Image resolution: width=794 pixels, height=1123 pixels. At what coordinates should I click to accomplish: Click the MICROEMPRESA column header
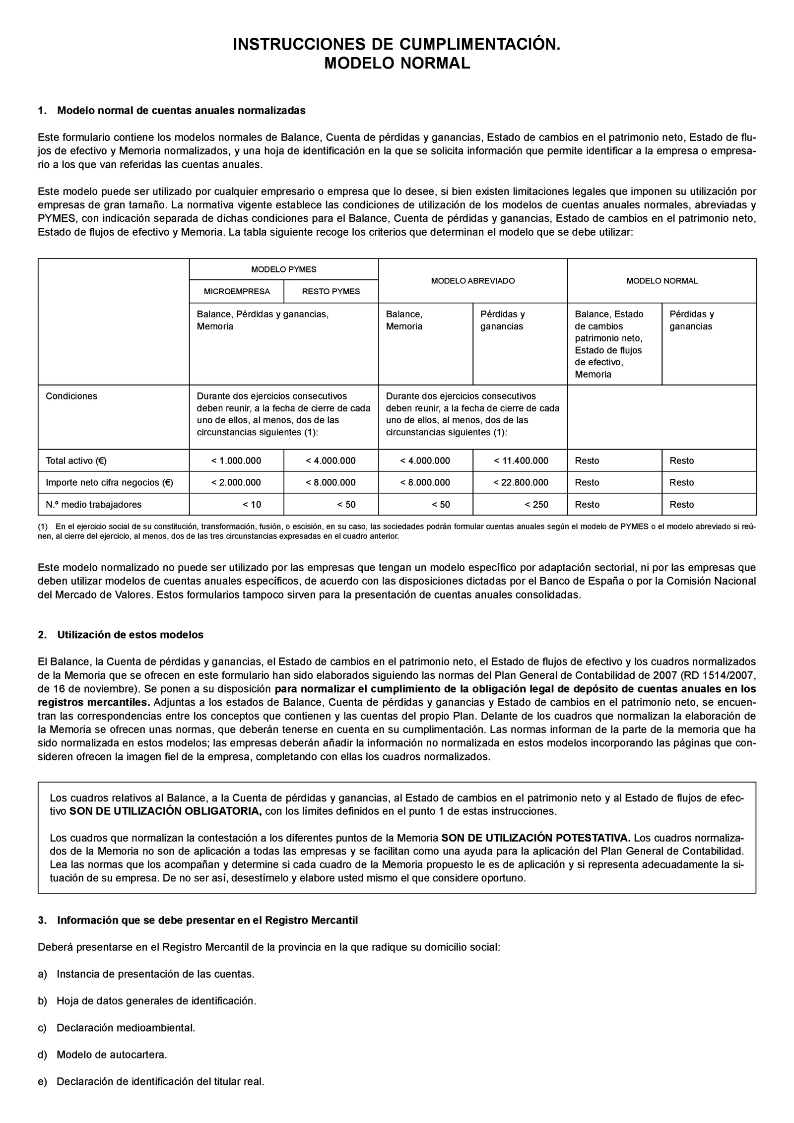pos(237,291)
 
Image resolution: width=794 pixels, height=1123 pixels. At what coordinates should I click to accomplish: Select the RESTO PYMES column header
pos(331,291)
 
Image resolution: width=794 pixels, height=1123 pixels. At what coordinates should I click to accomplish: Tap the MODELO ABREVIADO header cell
pos(472,281)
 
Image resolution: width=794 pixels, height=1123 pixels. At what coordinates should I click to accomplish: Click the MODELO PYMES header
pos(283,269)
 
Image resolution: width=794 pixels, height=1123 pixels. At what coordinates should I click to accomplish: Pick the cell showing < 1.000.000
pos(236,461)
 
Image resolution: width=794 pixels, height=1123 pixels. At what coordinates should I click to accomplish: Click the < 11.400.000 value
pos(521,461)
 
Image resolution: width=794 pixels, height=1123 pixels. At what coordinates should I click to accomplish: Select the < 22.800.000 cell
pos(521,482)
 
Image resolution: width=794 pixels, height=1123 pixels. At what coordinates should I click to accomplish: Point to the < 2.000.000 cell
pos(236,482)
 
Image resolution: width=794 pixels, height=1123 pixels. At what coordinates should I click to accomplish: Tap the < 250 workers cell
pos(536,505)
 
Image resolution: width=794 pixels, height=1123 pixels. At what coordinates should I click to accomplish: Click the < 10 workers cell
pos(252,505)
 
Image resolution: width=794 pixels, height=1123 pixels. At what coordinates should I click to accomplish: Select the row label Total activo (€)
pos(76,461)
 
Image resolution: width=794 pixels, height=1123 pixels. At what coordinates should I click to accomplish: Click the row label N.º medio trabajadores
pos(93,505)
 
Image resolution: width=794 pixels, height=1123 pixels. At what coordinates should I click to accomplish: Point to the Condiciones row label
pos(71,396)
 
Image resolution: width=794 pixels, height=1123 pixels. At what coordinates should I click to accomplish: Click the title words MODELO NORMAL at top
pos(397,64)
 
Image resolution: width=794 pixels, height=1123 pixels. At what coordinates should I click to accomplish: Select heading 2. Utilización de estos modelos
pos(121,635)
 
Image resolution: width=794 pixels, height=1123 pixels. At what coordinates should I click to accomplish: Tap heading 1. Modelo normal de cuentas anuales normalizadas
pos(172,111)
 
